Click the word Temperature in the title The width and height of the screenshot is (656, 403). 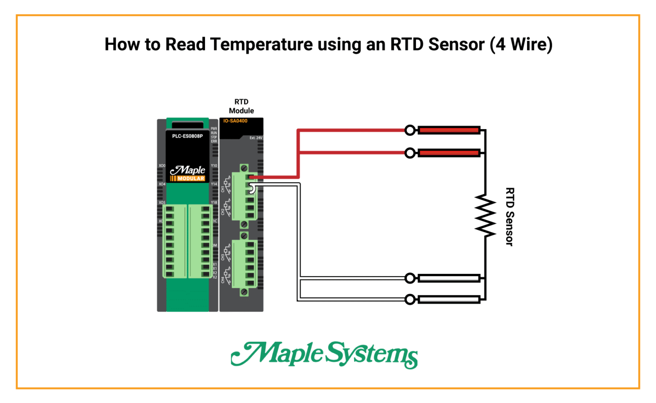(x=261, y=44)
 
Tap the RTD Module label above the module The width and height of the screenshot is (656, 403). (x=241, y=106)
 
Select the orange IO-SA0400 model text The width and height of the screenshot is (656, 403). (x=235, y=121)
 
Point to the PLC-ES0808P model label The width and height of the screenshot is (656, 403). (x=187, y=136)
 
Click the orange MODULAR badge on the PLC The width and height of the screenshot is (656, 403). (x=190, y=179)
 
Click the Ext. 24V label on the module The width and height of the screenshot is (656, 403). (x=256, y=138)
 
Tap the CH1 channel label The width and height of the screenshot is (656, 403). (x=223, y=188)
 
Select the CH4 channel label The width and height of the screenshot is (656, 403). (x=223, y=280)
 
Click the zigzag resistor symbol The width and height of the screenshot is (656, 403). (x=485, y=215)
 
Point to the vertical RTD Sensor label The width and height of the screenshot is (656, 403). (x=510, y=217)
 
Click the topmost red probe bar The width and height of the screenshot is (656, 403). (x=448, y=130)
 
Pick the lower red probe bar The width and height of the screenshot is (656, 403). (x=448, y=153)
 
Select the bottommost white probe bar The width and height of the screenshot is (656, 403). (x=448, y=300)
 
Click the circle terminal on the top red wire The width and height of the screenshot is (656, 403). (x=410, y=130)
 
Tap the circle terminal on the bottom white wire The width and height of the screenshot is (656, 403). (x=410, y=300)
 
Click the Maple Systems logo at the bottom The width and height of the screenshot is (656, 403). (x=325, y=354)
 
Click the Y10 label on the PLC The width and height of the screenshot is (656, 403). (x=214, y=166)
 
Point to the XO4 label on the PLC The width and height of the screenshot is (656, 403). (x=162, y=184)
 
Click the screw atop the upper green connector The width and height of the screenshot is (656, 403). (x=244, y=168)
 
